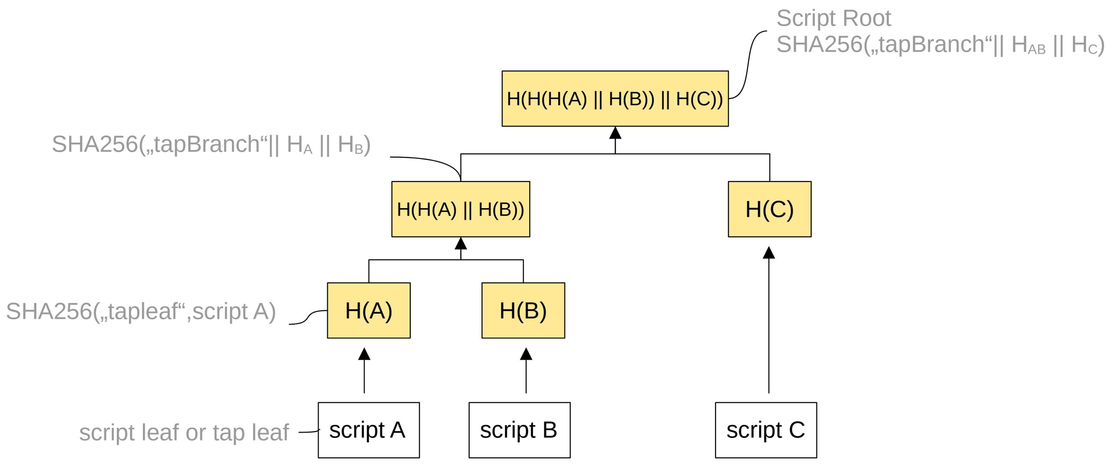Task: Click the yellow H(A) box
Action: (368, 310)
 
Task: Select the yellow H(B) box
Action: (523, 310)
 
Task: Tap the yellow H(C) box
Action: (769, 209)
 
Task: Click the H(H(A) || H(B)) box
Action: (460, 209)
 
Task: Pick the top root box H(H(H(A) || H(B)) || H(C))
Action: (615, 99)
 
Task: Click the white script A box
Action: (368, 430)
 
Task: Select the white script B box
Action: (519, 430)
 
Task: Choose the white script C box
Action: (766, 430)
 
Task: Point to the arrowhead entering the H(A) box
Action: (364, 354)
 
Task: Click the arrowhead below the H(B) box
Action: (526, 354)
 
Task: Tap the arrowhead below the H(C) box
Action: (769, 253)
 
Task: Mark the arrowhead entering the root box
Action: (615, 133)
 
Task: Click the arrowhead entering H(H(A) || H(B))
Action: (460, 243)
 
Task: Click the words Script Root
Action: (833, 18)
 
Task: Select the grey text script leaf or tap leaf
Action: (184, 432)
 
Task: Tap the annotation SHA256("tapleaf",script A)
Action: (141, 312)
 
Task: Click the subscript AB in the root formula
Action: (1036, 49)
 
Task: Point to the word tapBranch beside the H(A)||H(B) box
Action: (207, 144)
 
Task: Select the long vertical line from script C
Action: (769, 326)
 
